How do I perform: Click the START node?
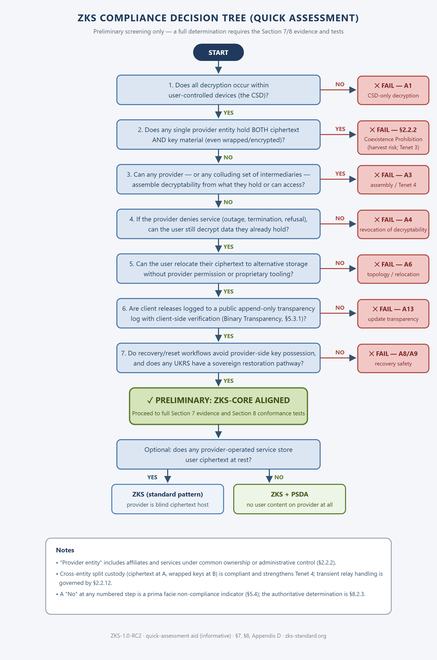(218, 52)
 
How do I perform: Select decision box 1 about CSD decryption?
(218, 90)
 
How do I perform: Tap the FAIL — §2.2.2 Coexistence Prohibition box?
(393, 138)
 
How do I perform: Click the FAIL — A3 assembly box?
(393, 180)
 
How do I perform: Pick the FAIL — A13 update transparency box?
(393, 313)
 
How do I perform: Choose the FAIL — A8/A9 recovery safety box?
(393, 358)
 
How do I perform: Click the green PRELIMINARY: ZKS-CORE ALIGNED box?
(218, 406)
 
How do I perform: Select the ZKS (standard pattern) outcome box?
(167, 499)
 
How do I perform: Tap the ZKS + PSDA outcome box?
(289, 499)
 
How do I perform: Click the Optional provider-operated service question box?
(218, 454)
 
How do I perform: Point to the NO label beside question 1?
(340, 84)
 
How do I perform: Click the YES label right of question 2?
(340, 129)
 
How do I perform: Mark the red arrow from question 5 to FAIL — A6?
(338, 269)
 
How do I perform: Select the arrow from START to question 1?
(218, 67)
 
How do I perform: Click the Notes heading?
(65, 550)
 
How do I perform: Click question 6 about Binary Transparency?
(218, 313)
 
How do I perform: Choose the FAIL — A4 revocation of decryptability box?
(393, 224)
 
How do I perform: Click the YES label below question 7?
(228, 381)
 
